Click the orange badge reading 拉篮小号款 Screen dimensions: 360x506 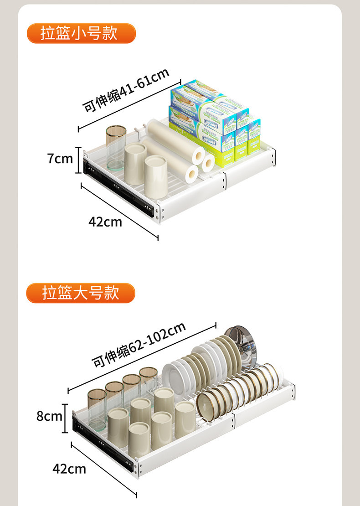[81, 34]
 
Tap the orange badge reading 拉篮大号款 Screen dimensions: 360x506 [81, 293]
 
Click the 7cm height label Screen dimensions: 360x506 [60, 159]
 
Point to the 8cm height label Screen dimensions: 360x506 [49, 416]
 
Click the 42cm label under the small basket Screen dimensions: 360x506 [105, 222]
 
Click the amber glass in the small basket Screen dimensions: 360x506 [115, 146]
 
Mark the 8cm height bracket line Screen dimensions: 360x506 [65, 416]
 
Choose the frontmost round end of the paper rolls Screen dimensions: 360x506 [192, 172]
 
